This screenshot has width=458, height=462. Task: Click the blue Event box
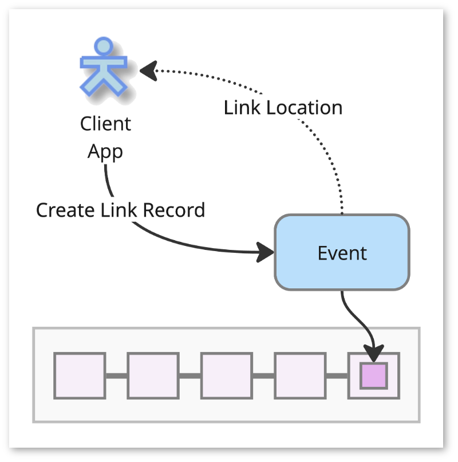342,252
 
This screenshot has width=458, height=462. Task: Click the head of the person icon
104,46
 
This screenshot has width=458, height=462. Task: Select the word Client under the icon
105,124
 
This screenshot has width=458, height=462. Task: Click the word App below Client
105,152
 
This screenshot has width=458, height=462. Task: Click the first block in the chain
80,375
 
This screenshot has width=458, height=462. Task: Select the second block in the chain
153,375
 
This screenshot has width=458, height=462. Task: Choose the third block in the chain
226,375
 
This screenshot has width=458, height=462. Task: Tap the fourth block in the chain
300,375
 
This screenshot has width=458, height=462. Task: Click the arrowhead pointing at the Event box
266,252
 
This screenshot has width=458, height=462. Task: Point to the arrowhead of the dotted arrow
148,71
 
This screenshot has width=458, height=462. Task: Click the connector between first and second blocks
117,375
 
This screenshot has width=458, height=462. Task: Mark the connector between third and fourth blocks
263,375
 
